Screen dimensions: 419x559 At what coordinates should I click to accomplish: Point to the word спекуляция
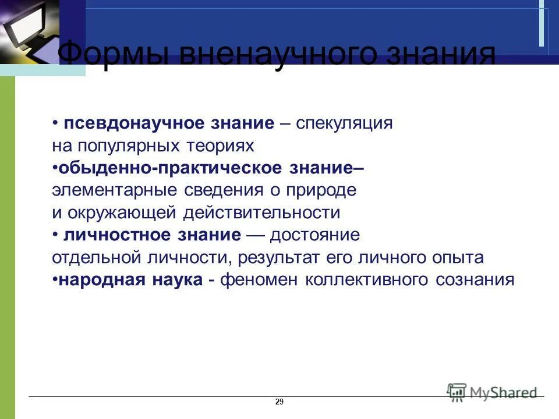coord(344,123)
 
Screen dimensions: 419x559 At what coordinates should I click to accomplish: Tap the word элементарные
coord(116,190)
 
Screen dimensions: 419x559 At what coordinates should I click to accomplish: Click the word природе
coord(323,190)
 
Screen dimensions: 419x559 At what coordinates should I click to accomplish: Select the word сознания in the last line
coord(475,280)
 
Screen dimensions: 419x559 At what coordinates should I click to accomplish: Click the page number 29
coord(279,402)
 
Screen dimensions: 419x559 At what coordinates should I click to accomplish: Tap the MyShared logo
coord(492,392)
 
